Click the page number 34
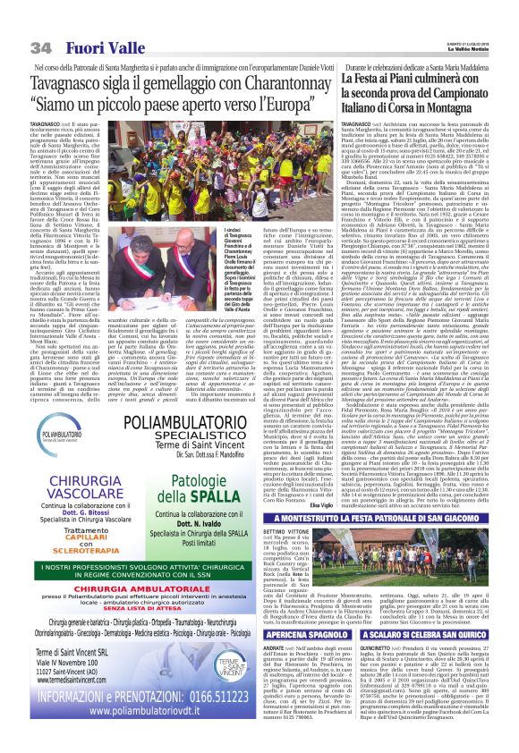point(40,47)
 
